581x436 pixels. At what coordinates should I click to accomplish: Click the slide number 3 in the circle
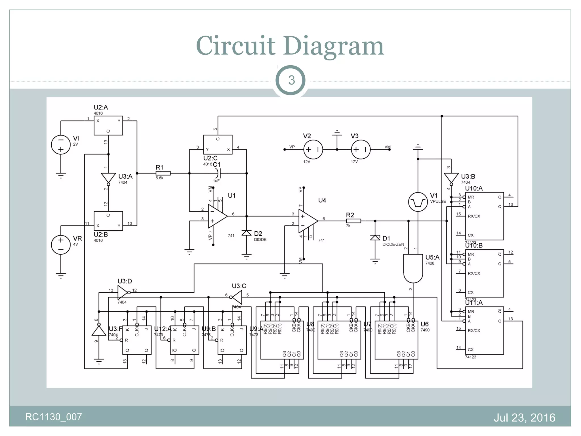coord(291,80)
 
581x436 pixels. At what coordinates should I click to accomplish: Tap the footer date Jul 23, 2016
coord(524,418)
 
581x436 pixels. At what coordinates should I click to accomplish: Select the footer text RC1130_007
coord(54,417)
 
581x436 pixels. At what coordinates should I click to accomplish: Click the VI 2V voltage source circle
coord(61,145)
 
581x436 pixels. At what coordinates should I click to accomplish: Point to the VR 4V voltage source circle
coord(61,245)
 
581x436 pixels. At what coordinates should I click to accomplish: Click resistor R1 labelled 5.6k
coord(163,173)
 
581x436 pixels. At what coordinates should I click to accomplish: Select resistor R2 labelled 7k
coord(353,221)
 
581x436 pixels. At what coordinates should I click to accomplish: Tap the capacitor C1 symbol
coord(218,173)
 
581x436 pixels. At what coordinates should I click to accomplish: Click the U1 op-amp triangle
coord(217,216)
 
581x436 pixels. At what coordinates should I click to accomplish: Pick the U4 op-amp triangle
coord(307,221)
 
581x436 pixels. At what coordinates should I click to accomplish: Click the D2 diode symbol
coord(246,233)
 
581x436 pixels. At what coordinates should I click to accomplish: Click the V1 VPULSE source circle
coord(418,202)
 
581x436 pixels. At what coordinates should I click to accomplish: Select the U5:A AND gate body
coord(413,268)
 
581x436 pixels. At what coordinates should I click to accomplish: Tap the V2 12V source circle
coord(313,149)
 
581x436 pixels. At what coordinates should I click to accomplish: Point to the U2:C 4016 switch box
coord(218,144)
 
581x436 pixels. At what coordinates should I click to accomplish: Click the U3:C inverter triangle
coord(237,297)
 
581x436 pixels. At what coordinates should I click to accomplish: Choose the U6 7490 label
coord(425,324)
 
